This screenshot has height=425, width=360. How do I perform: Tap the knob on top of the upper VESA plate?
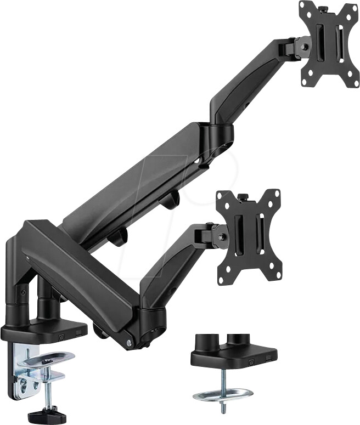tap(323, 8)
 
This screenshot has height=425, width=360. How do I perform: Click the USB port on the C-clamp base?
tap(81, 332)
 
